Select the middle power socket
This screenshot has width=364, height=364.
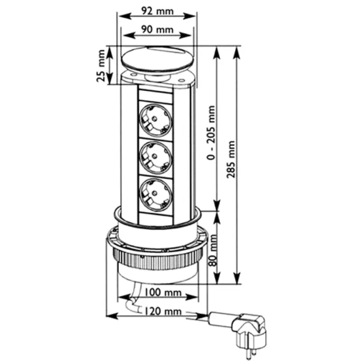(156, 156)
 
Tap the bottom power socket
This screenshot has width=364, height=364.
(156, 193)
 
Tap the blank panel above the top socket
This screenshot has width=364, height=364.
(156, 96)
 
